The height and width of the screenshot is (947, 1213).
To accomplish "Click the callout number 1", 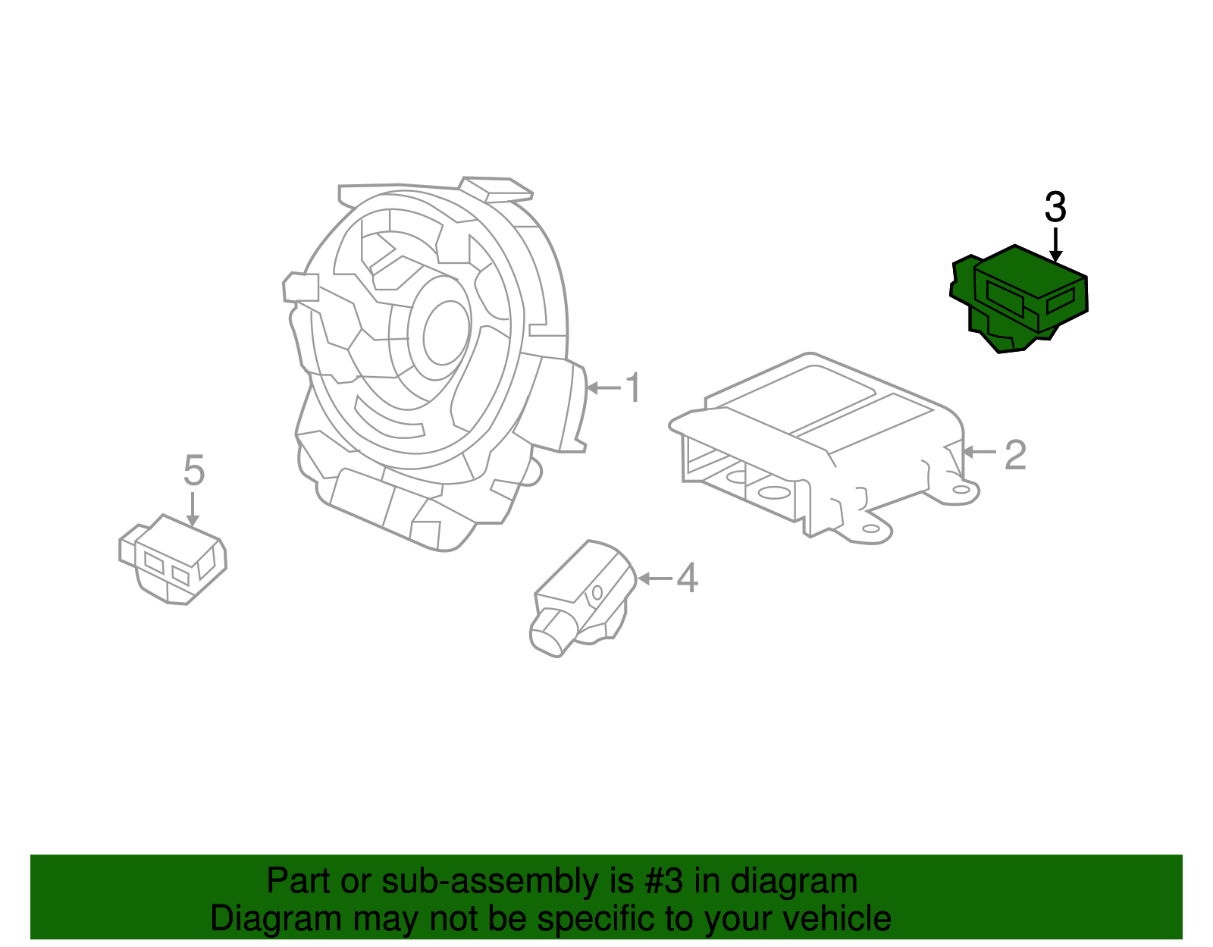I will click(632, 387).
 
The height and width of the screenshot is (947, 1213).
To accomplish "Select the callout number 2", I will click(1015, 454).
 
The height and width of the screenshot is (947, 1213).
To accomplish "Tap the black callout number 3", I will click(1055, 207).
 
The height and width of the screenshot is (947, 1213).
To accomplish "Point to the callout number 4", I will click(686, 579).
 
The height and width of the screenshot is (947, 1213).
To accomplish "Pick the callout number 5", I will click(194, 471).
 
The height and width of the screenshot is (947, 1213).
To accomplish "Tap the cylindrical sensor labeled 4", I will click(580, 599).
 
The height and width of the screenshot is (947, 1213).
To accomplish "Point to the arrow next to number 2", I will click(979, 453).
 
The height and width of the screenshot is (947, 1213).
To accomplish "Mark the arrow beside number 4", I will click(655, 579).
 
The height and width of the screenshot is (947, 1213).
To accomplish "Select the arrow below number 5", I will click(193, 509).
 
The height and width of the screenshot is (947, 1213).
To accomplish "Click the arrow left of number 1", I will click(603, 388).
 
